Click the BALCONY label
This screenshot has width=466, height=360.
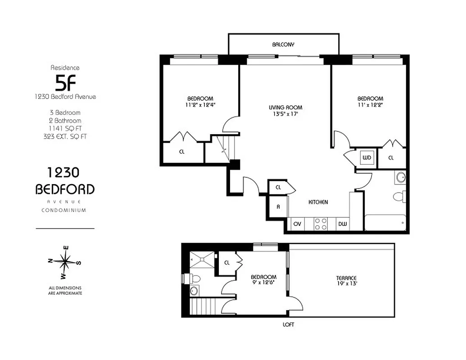click(283, 45)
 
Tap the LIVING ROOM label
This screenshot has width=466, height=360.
click(285, 108)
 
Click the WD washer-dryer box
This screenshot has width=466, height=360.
click(366, 158)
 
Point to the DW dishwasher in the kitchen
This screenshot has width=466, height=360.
click(342, 223)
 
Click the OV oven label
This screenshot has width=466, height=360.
click(297, 223)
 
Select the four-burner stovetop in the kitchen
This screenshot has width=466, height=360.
click(321, 224)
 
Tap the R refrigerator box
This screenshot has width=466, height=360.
click(278, 207)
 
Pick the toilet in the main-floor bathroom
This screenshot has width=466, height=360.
click(399, 197)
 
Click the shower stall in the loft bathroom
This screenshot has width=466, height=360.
click(202, 259)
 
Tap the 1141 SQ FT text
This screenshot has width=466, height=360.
click(65, 128)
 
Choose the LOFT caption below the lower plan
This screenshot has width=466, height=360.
click(288, 324)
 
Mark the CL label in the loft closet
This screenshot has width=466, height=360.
click(227, 263)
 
